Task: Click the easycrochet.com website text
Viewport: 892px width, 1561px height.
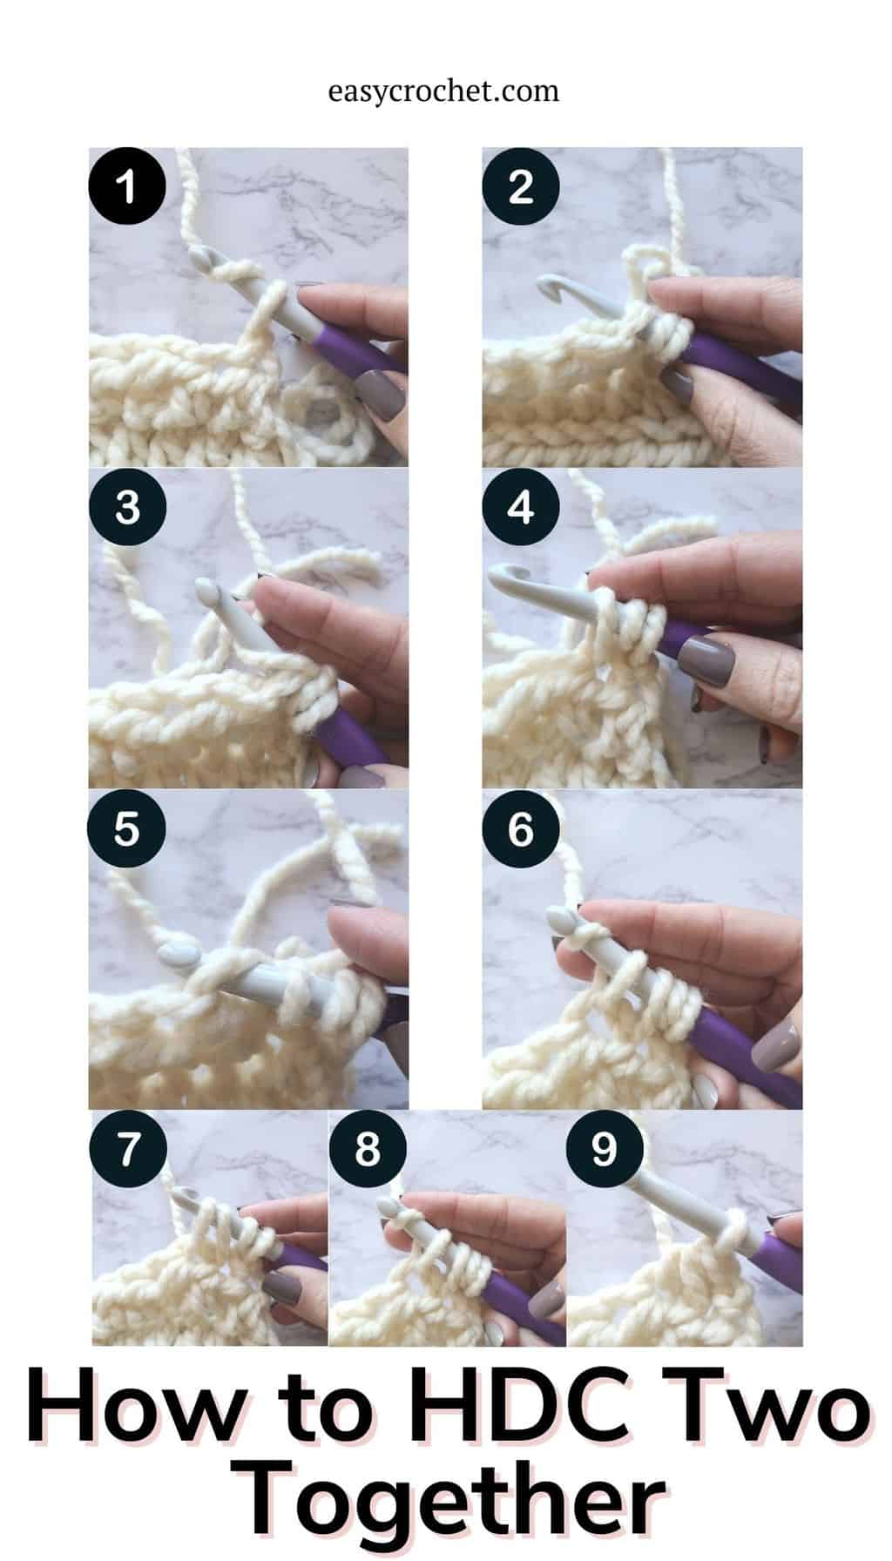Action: point(444,91)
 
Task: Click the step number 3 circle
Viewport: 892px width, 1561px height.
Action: point(127,507)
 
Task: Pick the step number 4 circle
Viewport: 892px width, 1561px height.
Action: point(521,507)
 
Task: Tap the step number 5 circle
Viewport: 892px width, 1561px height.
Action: point(127,828)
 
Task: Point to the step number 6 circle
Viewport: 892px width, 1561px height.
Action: point(521,828)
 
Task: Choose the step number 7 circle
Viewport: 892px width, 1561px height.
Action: point(129,1149)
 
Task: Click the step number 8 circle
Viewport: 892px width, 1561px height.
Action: point(368,1149)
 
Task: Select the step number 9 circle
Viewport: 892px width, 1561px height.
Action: point(605,1149)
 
